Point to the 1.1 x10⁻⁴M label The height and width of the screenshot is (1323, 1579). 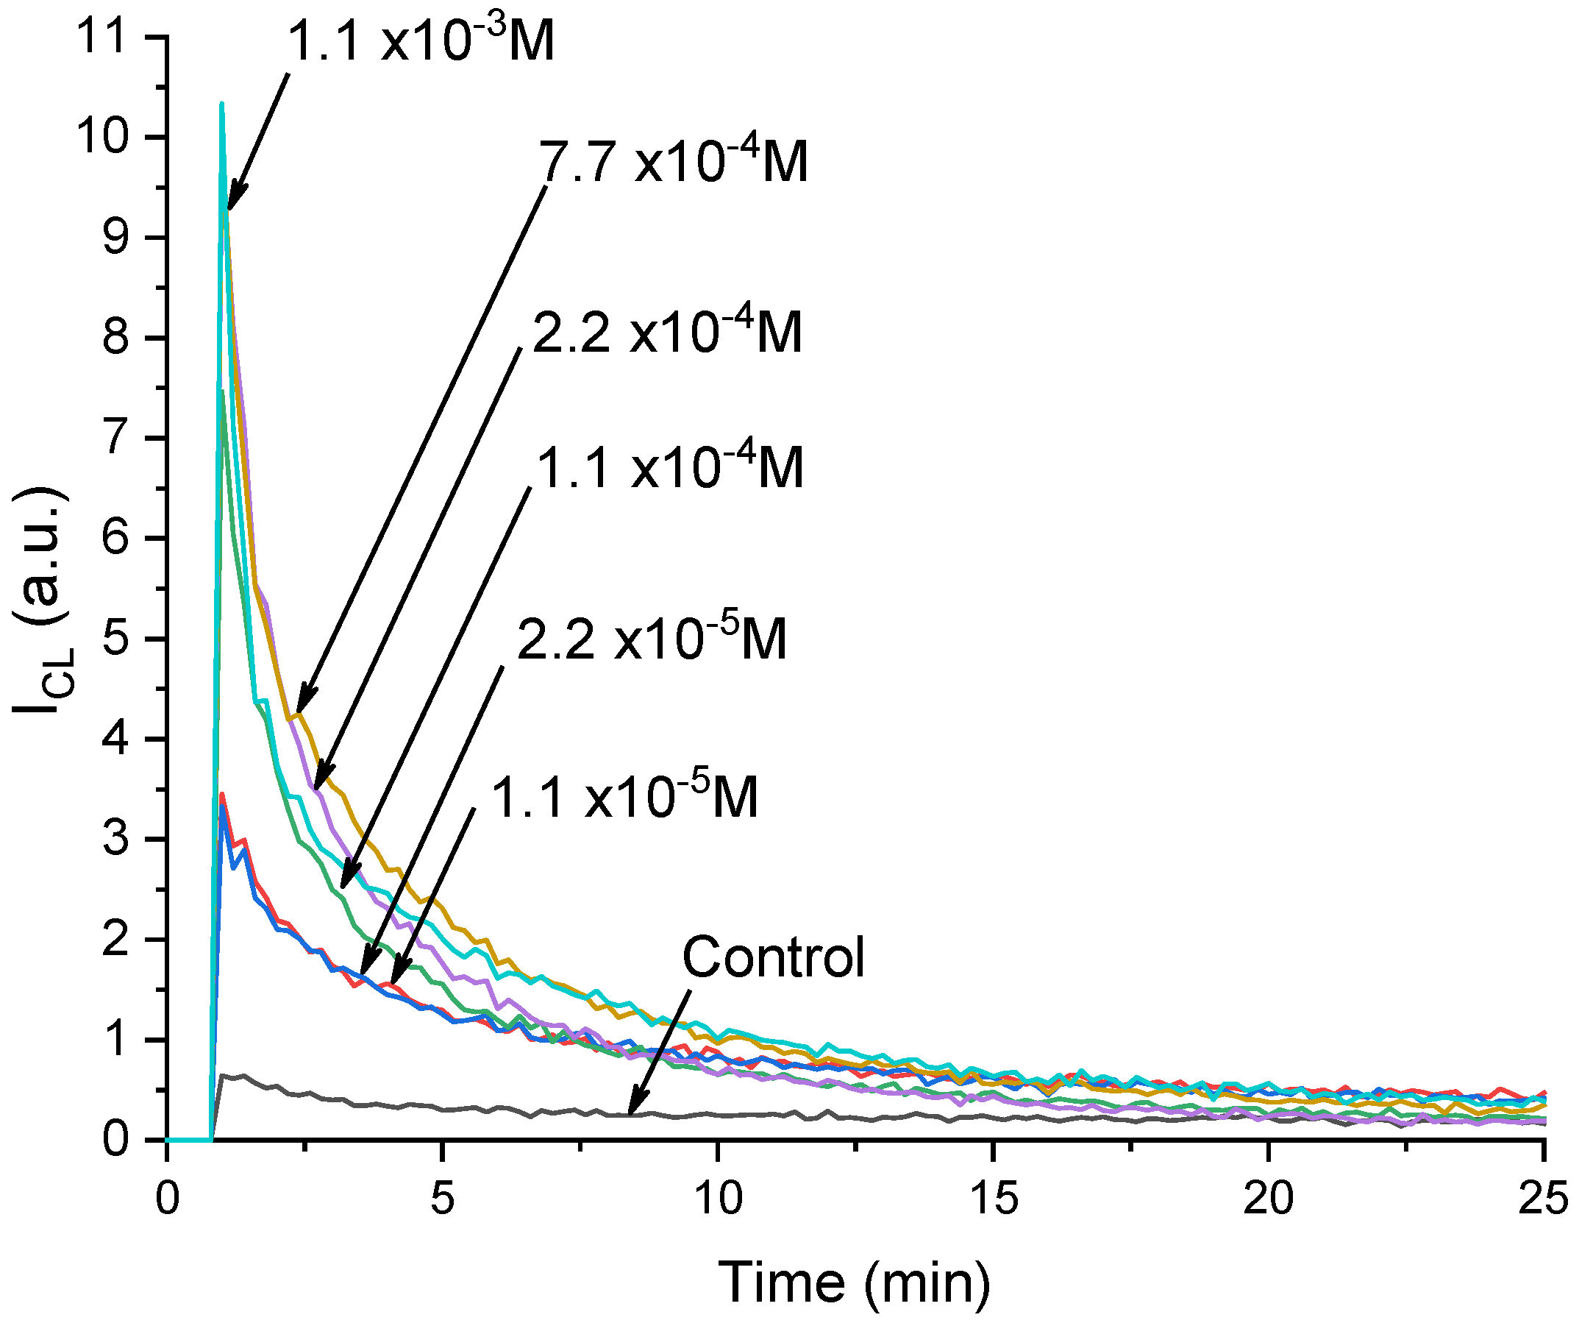click(670, 467)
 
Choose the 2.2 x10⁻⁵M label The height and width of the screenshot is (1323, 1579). click(652, 639)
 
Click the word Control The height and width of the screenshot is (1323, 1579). click(773, 957)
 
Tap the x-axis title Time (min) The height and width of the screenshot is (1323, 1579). click(854, 1282)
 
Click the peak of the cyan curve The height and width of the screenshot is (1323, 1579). click(222, 104)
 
